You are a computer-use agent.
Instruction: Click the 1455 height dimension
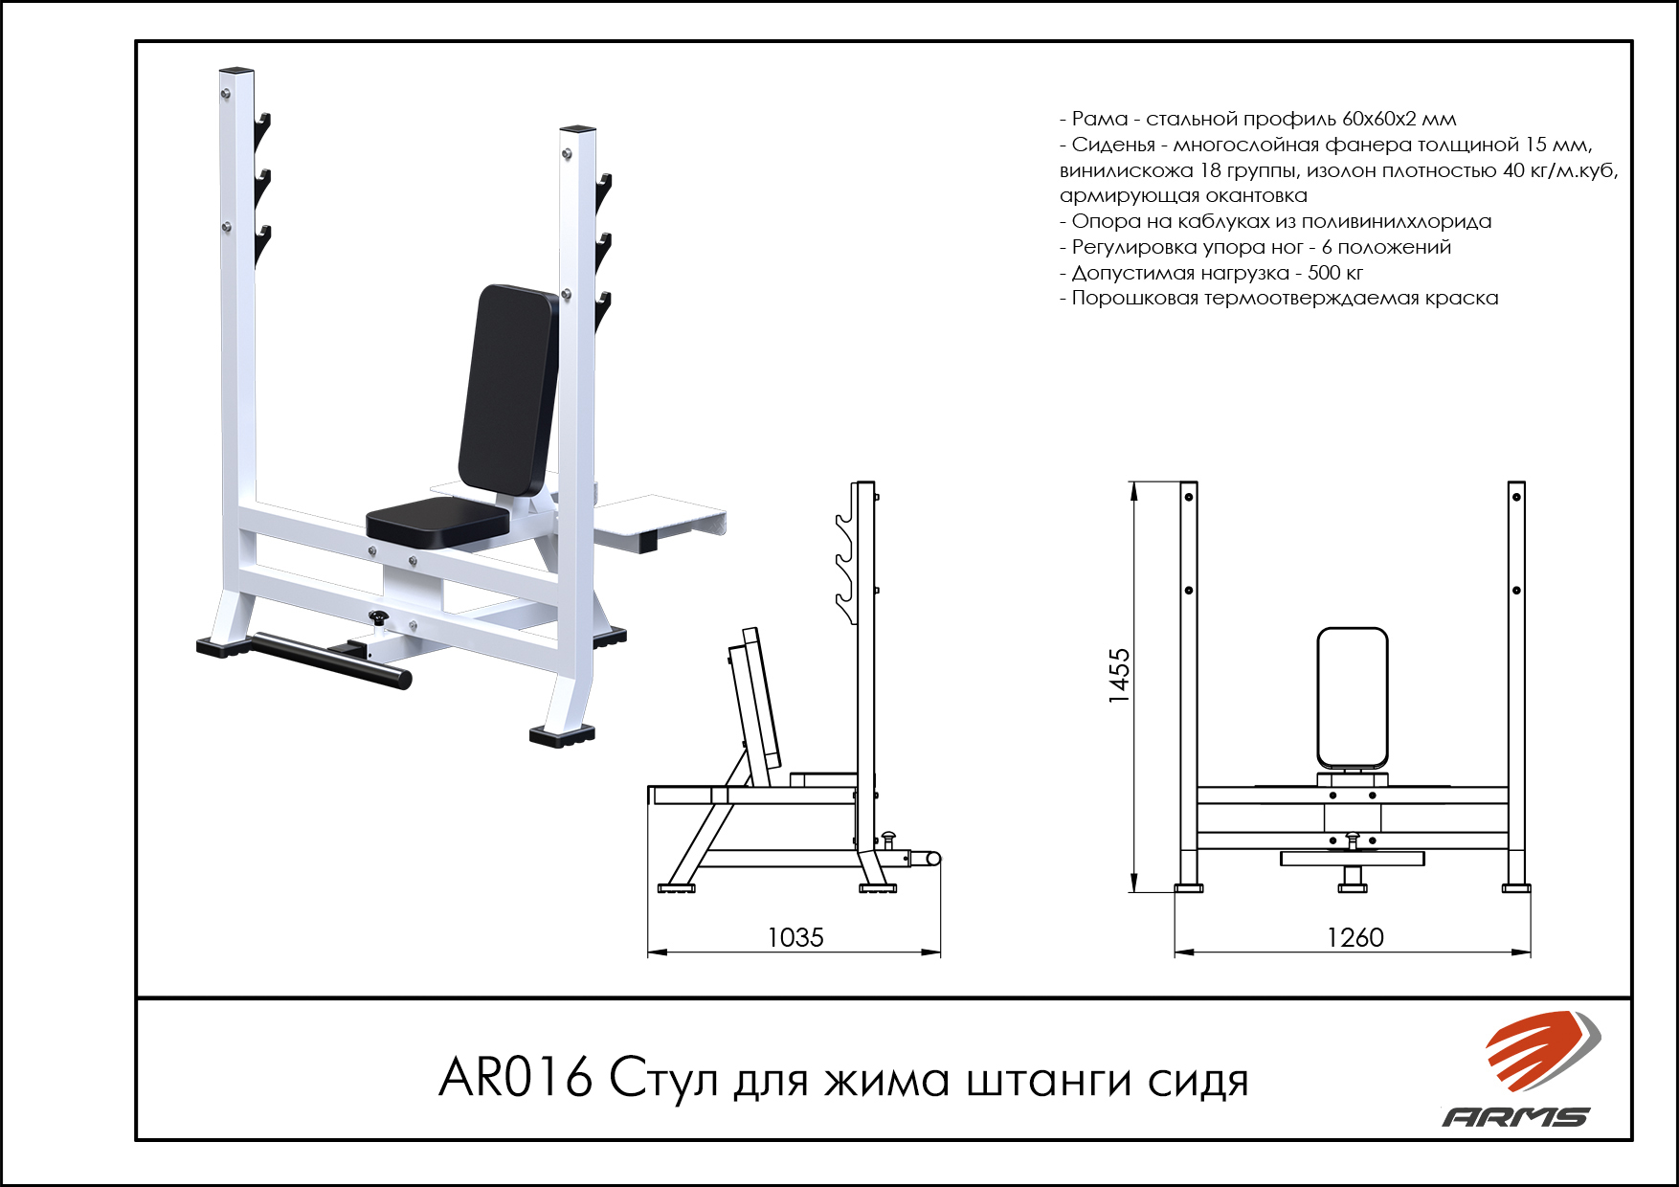click(1119, 676)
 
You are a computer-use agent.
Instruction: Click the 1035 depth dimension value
click(795, 937)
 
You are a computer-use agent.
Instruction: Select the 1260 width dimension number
click(1355, 937)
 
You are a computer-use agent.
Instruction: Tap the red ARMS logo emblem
click(1542, 1050)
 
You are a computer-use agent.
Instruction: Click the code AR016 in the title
click(515, 1078)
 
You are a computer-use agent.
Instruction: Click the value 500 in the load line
click(1325, 273)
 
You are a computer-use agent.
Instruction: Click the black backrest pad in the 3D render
click(508, 390)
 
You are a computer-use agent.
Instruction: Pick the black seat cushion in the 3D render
click(437, 522)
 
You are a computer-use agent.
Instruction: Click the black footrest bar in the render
click(331, 660)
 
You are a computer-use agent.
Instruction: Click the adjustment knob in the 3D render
click(379, 618)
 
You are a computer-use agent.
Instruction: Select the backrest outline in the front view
click(1352, 699)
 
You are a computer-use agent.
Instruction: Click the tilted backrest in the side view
click(755, 707)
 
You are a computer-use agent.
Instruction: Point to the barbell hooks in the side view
click(846, 554)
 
